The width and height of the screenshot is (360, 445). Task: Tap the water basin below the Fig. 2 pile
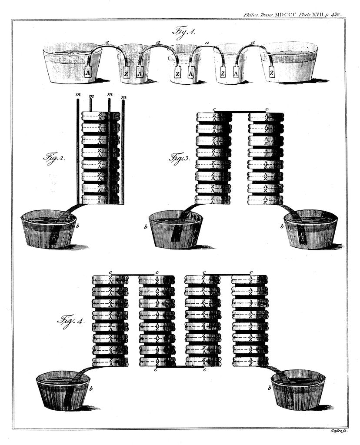(49, 229)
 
